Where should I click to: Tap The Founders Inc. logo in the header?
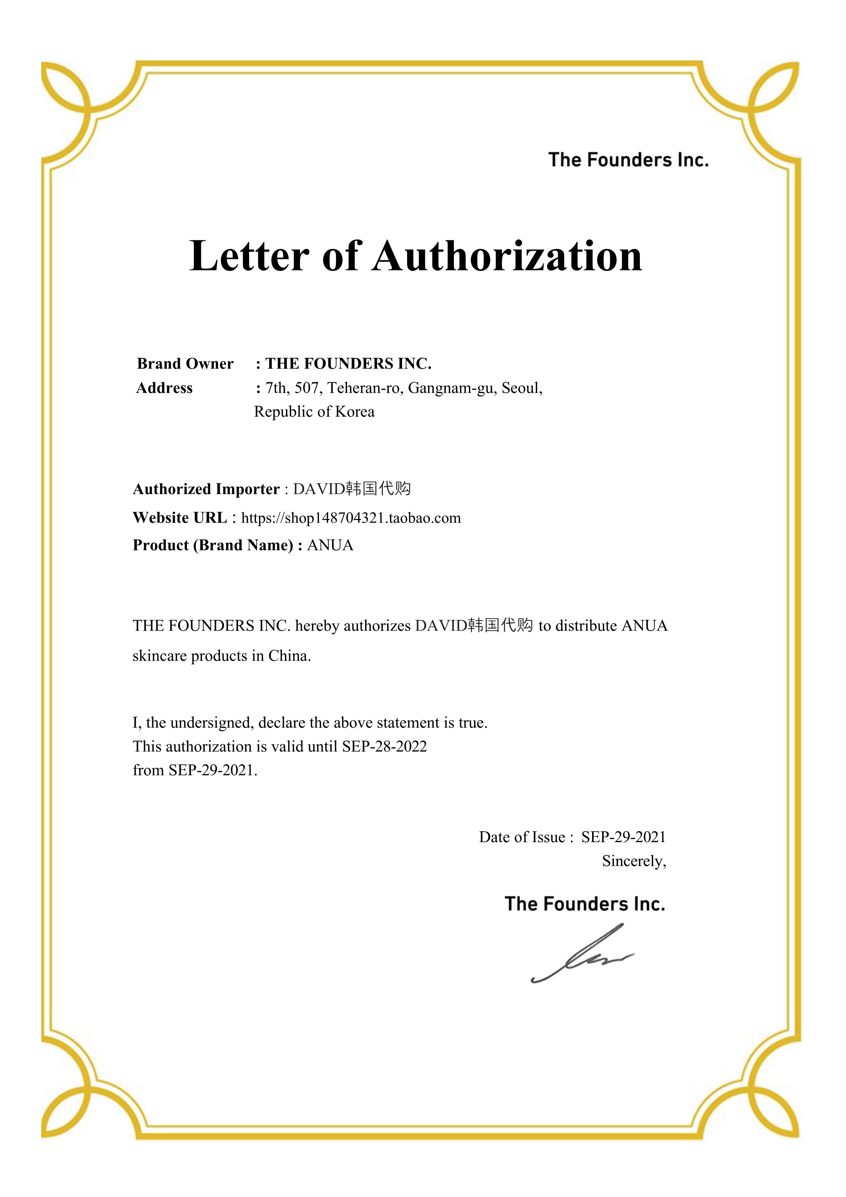click(628, 160)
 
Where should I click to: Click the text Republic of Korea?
click(314, 412)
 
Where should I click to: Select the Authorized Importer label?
click(206, 489)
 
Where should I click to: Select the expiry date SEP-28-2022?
click(384, 747)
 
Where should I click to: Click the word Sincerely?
click(634, 861)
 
